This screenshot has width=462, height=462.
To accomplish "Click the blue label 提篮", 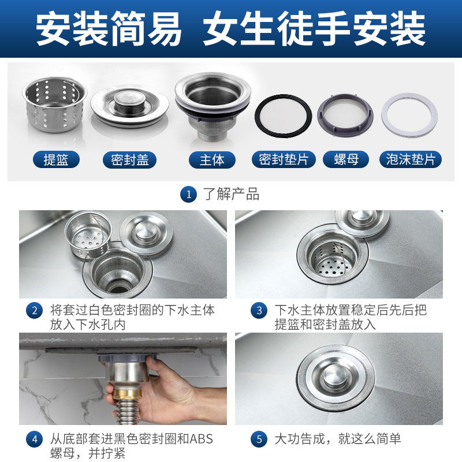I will [55, 159].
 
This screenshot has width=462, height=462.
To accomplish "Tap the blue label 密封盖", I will [130, 159].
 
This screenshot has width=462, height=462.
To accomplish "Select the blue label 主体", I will [212, 159].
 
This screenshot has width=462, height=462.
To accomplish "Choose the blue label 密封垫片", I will [284, 159].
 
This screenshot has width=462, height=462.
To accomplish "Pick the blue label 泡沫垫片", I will [410, 159].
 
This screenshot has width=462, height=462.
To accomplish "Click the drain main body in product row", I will [212, 104].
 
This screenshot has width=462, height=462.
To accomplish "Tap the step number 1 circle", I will [188, 194].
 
